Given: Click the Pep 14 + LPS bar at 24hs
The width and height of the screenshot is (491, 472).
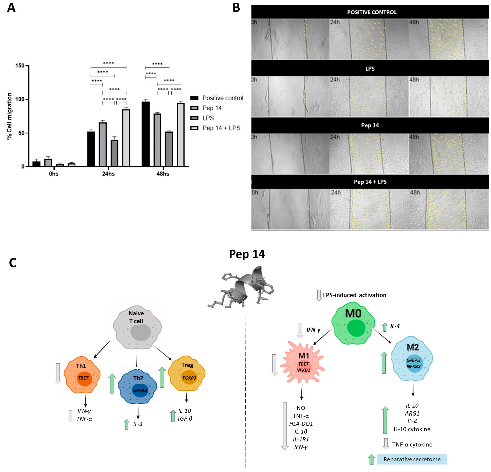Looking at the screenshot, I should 126,138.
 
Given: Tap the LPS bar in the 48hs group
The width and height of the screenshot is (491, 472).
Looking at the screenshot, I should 169,149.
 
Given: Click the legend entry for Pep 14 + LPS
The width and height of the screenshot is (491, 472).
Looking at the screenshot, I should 221,128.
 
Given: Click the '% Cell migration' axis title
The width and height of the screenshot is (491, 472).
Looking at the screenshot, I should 10,116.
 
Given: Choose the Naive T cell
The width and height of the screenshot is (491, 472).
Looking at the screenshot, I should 137,327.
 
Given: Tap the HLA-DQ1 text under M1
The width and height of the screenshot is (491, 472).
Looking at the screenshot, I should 301,424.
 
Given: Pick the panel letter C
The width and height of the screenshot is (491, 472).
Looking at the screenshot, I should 12,263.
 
